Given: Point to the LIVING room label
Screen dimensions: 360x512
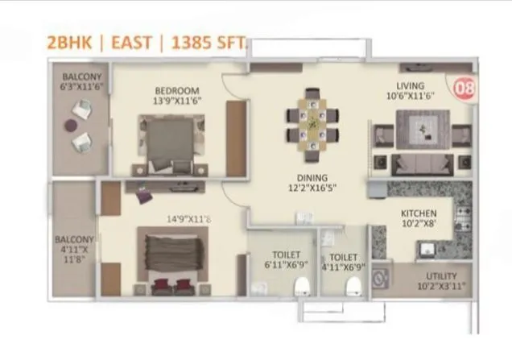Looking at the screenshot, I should (415, 90).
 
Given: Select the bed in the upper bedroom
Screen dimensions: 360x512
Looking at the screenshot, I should (171, 140).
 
